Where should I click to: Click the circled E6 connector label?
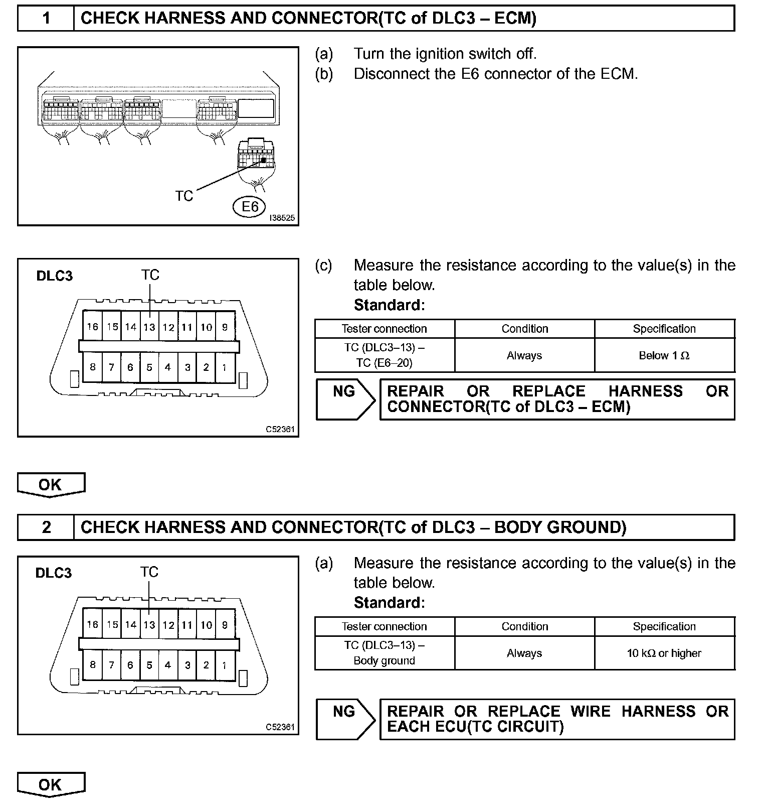[250, 207]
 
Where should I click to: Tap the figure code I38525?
[282, 218]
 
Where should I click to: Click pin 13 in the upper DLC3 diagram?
[149, 327]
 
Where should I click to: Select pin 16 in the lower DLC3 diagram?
[92, 625]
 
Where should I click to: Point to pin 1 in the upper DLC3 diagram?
[224, 367]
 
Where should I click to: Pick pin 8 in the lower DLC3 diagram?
[92, 665]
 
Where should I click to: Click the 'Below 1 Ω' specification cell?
[664, 355]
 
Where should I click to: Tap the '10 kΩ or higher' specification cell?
[664, 653]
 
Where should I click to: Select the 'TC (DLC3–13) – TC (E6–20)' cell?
[385, 355]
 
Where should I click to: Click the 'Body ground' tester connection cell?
[385, 653]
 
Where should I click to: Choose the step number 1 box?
[46, 19]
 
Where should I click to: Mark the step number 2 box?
[46, 527]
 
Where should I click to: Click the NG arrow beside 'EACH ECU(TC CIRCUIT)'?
[345, 719]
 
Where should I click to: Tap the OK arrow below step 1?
[51, 485]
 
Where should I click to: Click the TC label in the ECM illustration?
[184, 196]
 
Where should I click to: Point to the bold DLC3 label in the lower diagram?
[54, 573]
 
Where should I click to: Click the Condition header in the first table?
[524, 329]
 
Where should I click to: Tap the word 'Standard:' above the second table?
[389, 602]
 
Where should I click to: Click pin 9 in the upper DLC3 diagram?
[225, 327]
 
